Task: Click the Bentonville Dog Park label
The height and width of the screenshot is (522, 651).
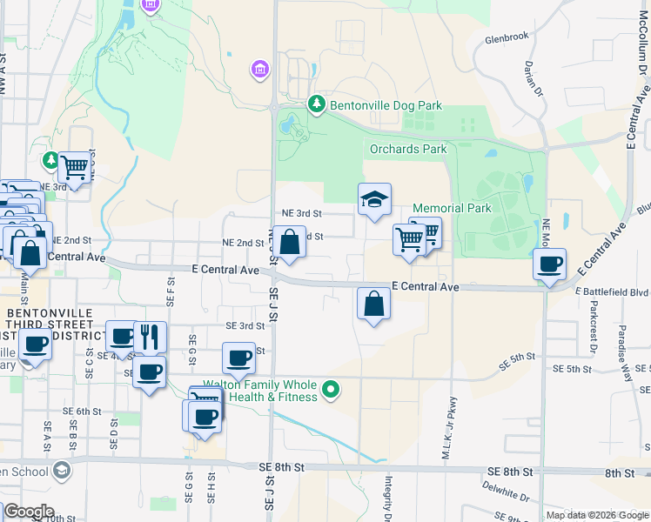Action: click(386, 106)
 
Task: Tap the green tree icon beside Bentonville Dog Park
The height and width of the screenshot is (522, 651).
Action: click(317, 105)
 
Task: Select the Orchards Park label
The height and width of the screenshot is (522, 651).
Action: click(408, 149)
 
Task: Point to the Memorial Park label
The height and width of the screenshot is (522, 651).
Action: click(452, 208)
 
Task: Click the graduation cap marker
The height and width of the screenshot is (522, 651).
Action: click(374, 200)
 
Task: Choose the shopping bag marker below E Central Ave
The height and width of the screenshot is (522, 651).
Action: click(373, 304)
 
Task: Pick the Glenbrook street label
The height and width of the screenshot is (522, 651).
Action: click(507, 38)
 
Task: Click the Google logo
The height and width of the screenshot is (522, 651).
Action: click(28, 512)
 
